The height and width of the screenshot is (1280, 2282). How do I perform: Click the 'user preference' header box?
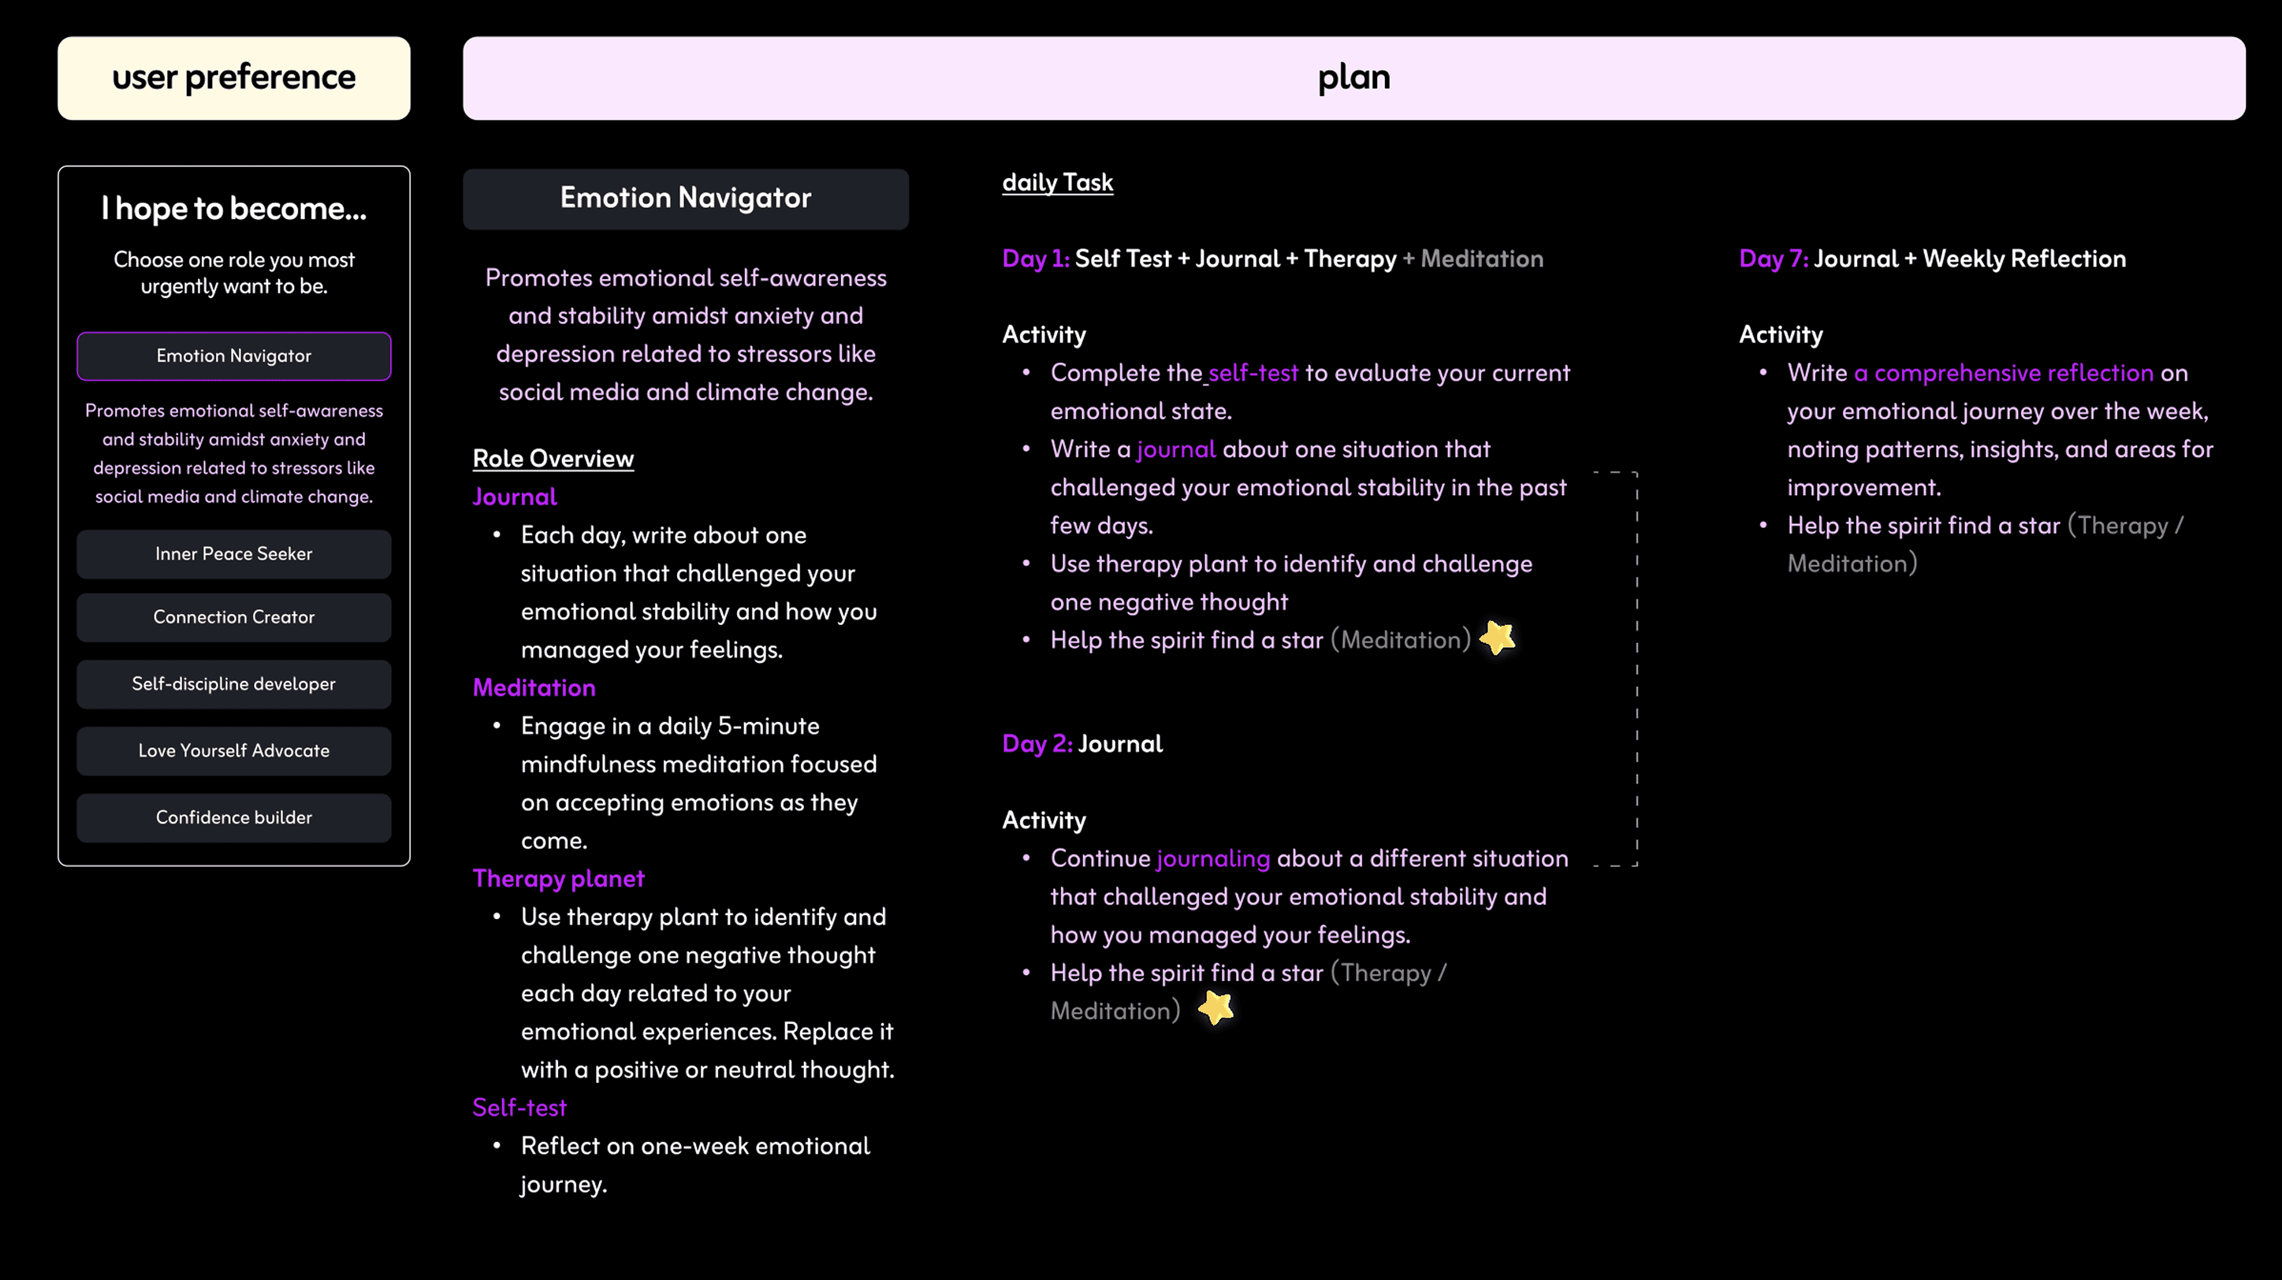(x=234, y=78)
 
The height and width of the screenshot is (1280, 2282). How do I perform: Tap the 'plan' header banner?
(x=1353, y=78)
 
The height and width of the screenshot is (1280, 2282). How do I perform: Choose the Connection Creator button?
(x=234, y=617)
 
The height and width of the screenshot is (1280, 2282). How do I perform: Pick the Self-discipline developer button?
(x=234, y=684)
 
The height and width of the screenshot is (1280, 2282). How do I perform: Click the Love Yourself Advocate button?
(x=234, y=751)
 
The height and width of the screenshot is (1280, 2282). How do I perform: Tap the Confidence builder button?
(x=234, y=817)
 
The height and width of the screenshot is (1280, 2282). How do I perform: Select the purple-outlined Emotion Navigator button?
(x=234, y=356)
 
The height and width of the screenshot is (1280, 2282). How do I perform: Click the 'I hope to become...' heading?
(x=234, y=209)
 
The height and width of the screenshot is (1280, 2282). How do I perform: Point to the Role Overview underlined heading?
(x=553, y=459)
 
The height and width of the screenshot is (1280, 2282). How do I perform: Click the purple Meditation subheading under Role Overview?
(x=534, y=687)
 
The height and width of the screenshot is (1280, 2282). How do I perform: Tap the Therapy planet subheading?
(x=558, y=879)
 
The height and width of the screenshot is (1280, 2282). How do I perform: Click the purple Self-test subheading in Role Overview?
(x=519, y=1107)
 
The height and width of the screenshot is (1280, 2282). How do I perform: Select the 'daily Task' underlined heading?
(x=1057, y=183)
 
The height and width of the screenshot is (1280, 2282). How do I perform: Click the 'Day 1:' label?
(x=1036, y=259)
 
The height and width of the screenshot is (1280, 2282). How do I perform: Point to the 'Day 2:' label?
(x=1037, y=744)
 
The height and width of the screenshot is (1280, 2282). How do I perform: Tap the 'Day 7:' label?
(x=1773, y=259)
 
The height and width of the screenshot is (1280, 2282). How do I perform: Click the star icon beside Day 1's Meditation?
(x=1497, y=638)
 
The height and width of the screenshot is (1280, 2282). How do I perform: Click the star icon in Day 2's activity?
(x=1215, y=1007)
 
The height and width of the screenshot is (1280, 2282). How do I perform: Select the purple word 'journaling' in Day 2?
(x=1213, y=858)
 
